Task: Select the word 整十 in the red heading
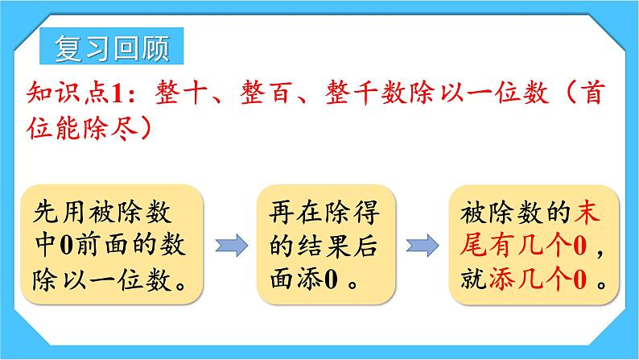coord(168,93)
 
